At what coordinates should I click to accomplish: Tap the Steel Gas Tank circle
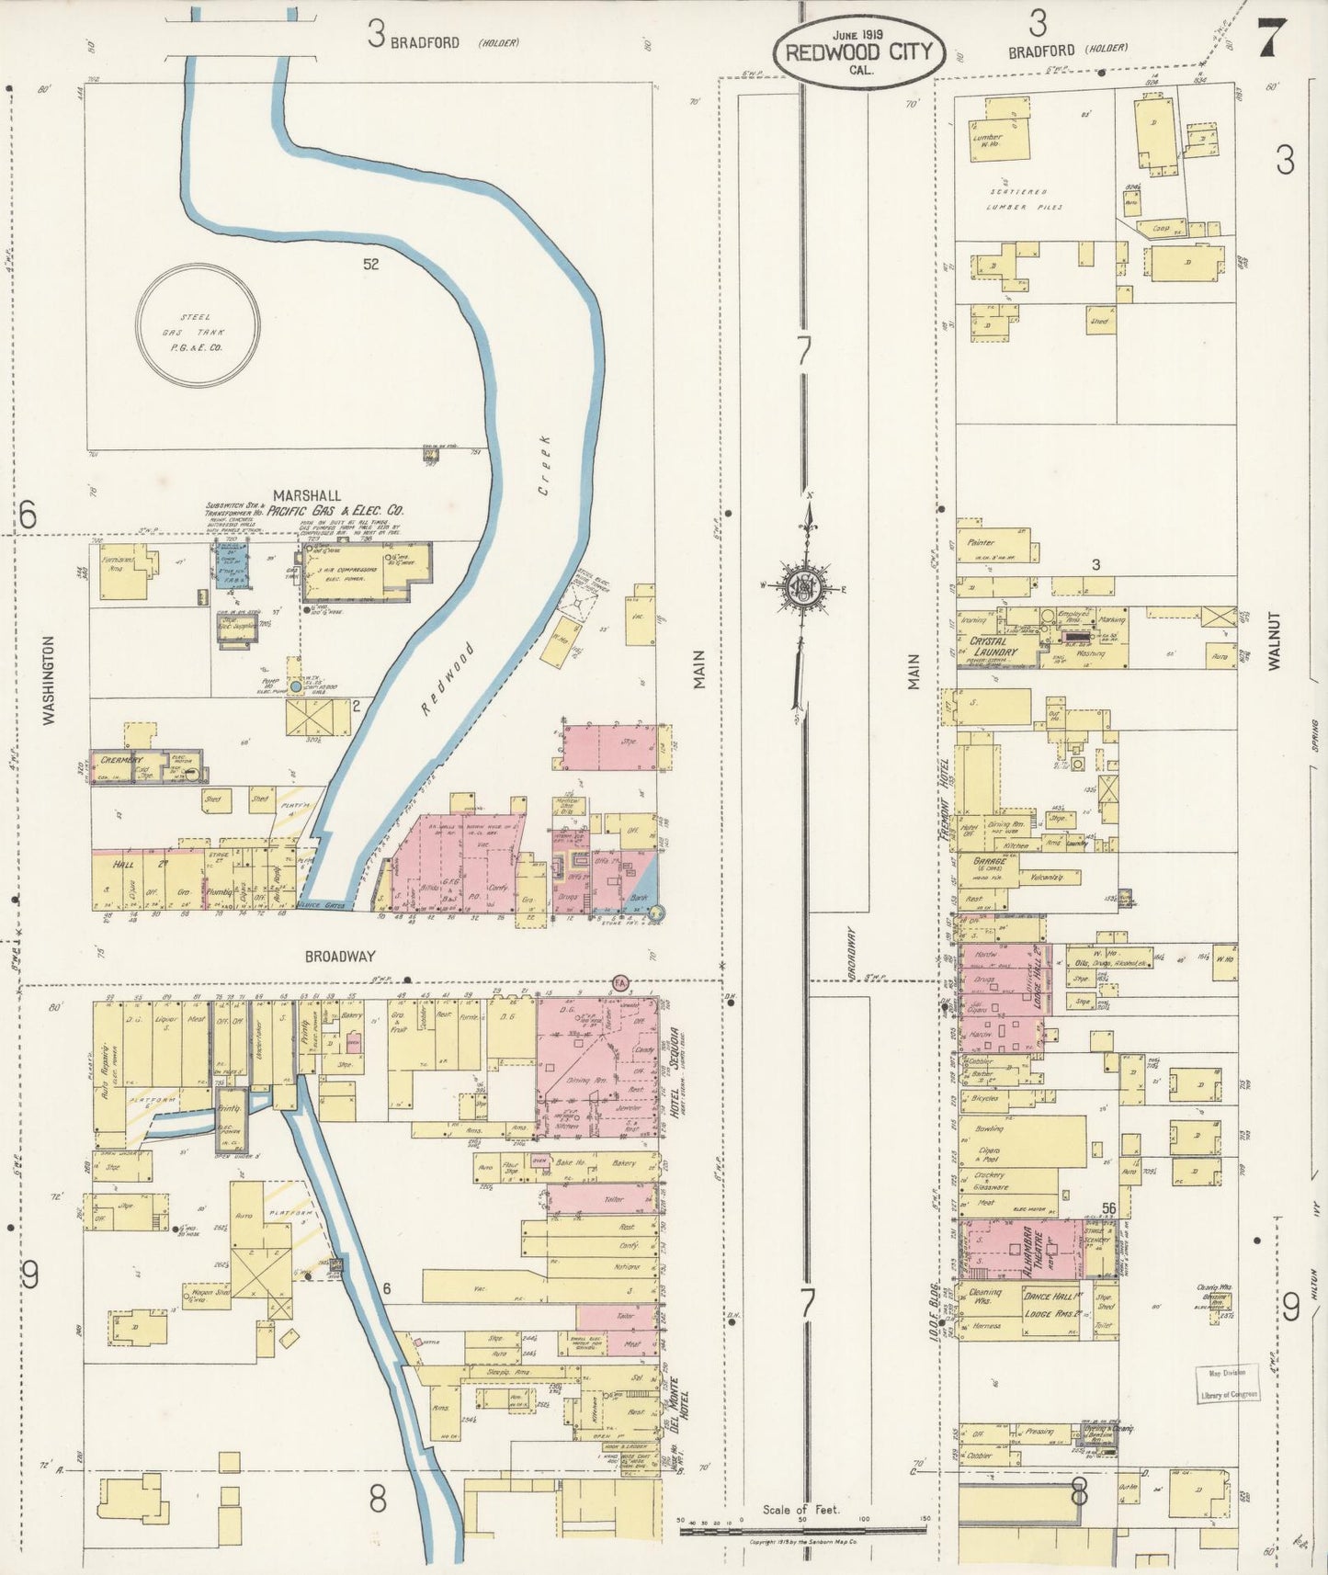tap(198, 324)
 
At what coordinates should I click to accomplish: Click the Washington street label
tap(49, 681)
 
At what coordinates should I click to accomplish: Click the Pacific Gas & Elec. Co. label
tap(336, 511)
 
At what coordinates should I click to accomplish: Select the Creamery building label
tap(121, 760)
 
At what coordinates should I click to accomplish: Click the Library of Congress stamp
tap(1226, 1384)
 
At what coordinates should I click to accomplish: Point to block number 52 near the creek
tap(370, 264)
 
